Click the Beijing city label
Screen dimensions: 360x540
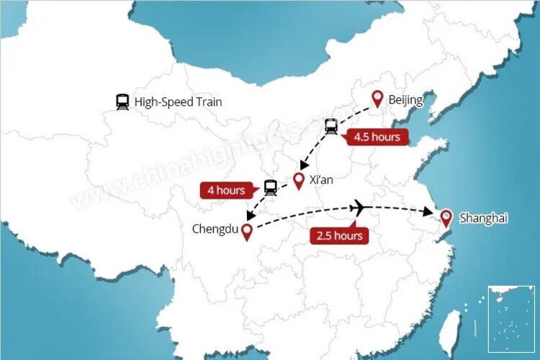pos(405,99)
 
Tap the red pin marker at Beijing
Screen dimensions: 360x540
pos(377,99)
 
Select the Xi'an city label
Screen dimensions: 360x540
pos(321,180)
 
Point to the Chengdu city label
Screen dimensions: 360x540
pos(213,229)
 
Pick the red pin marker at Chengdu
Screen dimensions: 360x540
pos(246,231)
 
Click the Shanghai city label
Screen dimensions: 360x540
pos(483,217)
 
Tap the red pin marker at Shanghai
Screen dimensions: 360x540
pos(446,217)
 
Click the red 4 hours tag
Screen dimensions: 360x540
pos(226,191)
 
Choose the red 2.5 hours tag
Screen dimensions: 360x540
pos(338,235)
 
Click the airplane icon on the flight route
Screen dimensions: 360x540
pos(359,208)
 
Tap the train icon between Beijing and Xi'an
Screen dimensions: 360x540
pos(331,127)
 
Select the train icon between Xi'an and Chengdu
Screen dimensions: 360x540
pos(270,187)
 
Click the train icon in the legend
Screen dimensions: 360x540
pos(122,102)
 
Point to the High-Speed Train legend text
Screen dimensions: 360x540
pos(178,102)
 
